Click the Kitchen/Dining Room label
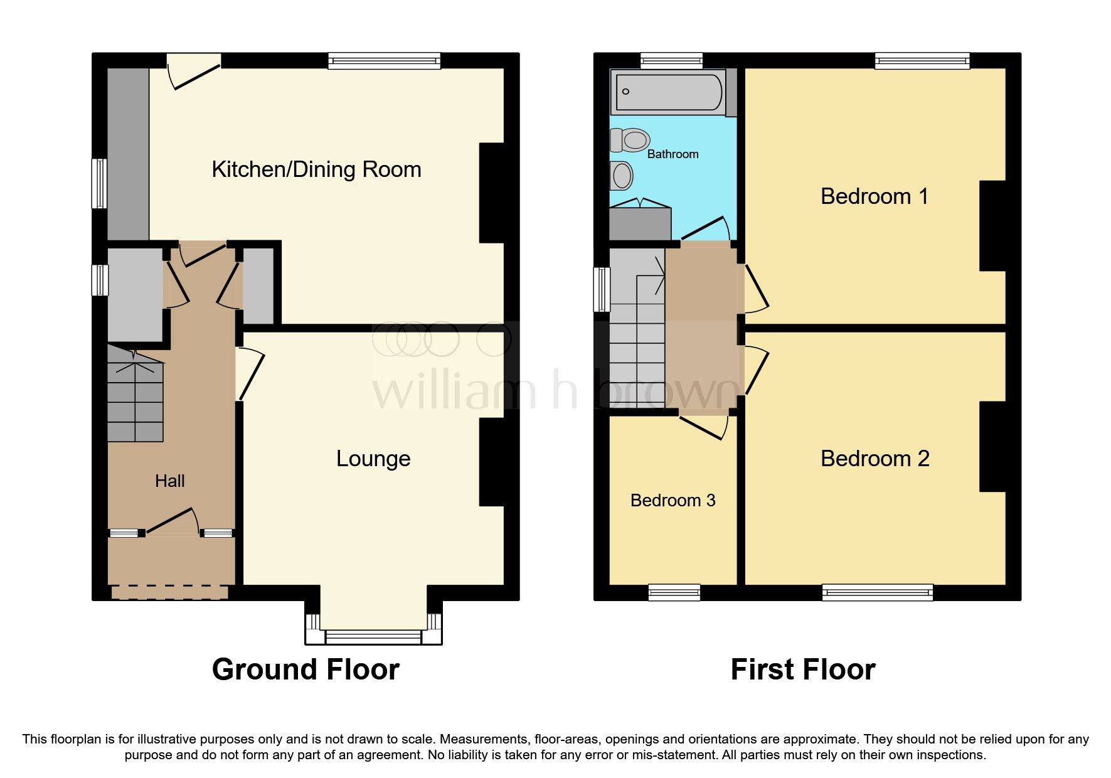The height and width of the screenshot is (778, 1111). point(316,169)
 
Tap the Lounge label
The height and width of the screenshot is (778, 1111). point(373,459)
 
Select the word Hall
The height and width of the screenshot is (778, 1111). point(169,481)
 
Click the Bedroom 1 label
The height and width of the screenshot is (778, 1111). point(874,196)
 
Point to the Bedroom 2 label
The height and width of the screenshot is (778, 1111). point(874,459)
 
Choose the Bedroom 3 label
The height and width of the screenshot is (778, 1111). point(672,501)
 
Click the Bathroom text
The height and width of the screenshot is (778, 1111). point(672,154)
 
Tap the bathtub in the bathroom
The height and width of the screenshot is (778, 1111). point(669,92)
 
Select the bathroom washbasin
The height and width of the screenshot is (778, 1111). point(622,176)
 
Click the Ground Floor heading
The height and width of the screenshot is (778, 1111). point(306,669)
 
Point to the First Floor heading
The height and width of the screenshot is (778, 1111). point(802,669)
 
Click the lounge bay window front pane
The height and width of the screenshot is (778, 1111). point(373,637)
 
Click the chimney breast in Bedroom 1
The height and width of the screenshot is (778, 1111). point(992,226)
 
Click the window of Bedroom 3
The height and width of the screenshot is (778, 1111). point(674,592)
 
